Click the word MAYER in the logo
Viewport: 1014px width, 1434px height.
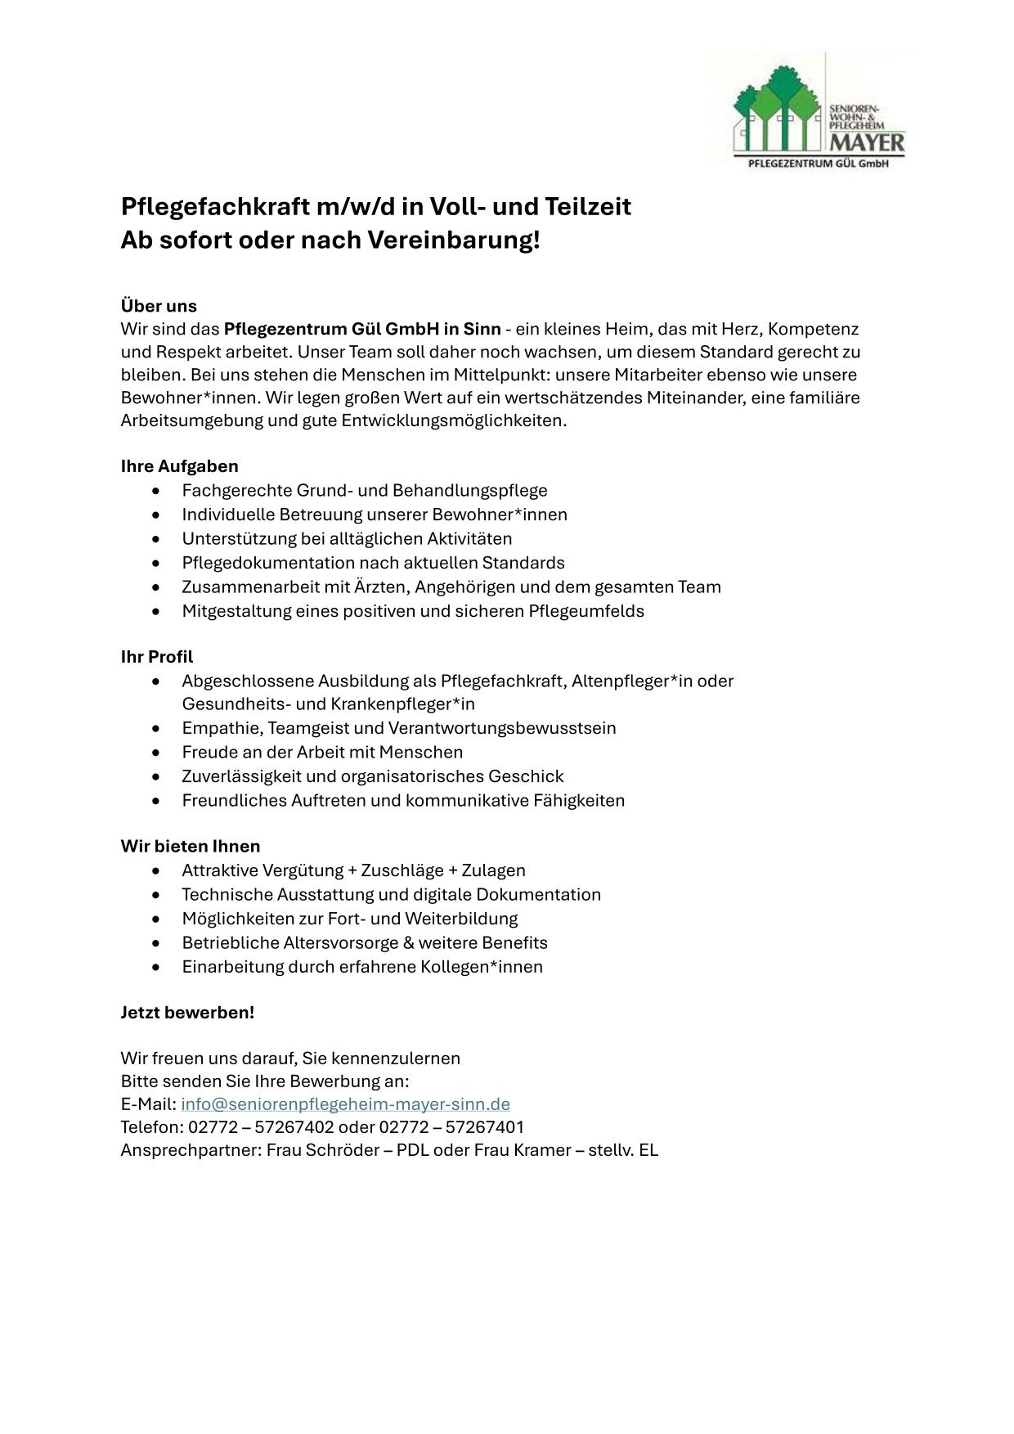tap(868, 143)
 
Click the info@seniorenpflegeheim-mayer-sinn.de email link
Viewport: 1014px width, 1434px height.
tap(345, 1104)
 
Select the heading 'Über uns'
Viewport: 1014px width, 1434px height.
tap(159, 306)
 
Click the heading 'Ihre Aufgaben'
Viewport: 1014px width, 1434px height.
tap(179, 466)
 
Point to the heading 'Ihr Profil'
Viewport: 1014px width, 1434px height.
tap(157, 657)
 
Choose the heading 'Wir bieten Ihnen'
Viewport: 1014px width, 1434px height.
tap(190, 846)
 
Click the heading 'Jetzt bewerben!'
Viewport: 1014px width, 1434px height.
tap(187, 1012)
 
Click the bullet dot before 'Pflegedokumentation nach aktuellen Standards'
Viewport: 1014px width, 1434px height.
tap(156, 564)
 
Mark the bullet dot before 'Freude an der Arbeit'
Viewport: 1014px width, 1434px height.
tap(156, 753)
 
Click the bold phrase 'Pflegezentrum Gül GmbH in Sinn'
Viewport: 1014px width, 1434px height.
tap(361, 329)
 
